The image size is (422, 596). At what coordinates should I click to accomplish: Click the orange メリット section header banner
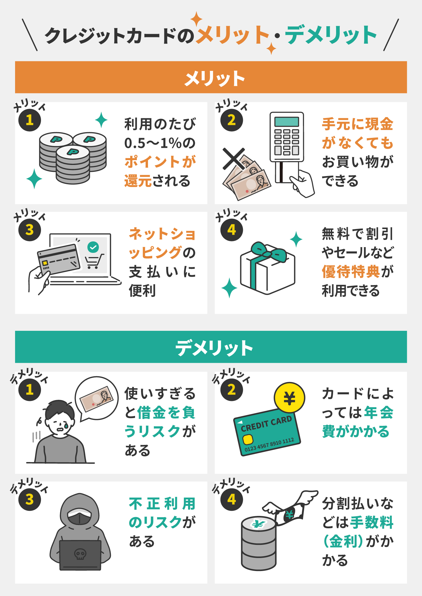tap(211, 77)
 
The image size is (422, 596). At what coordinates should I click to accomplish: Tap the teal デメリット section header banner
tap(211, 347)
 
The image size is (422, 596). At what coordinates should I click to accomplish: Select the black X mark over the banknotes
tap(234, 159)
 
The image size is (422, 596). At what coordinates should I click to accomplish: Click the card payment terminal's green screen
tap(287, 122)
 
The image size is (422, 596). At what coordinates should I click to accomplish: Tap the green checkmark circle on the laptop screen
tap(93, 247)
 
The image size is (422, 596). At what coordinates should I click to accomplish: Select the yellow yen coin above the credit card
tap(289, 398)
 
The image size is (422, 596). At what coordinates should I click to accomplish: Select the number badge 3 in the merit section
tap(30, 230)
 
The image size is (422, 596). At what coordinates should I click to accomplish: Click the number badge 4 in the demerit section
tap(231, 500)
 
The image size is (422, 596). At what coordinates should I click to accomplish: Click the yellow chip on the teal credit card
tap(248, 440)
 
